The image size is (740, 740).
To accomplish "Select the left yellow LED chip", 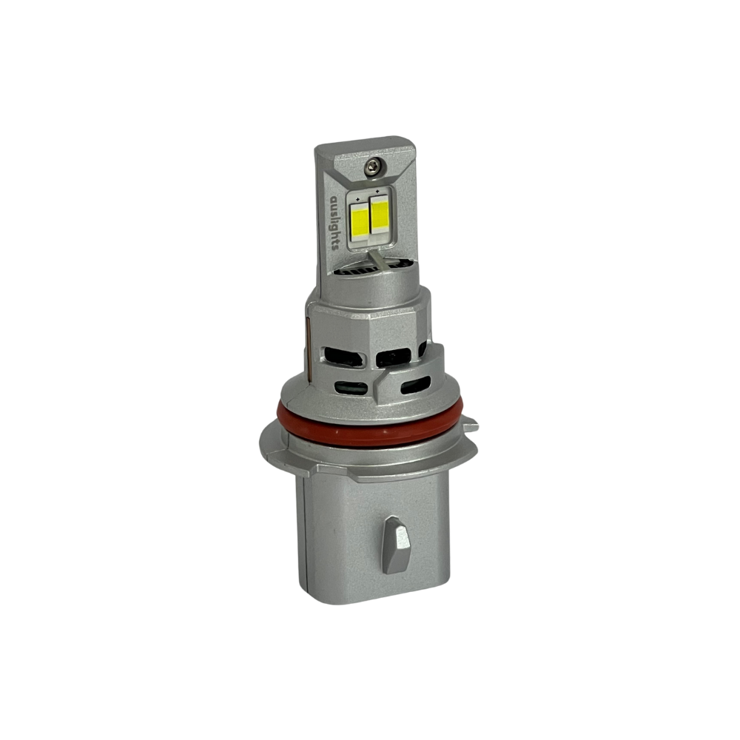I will (x=360, y=219).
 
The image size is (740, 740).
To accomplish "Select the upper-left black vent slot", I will (x=346, y=357).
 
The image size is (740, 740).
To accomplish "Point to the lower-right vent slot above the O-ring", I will (x=415, y=385).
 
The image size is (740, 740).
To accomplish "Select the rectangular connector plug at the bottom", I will (x=377, y=540).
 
